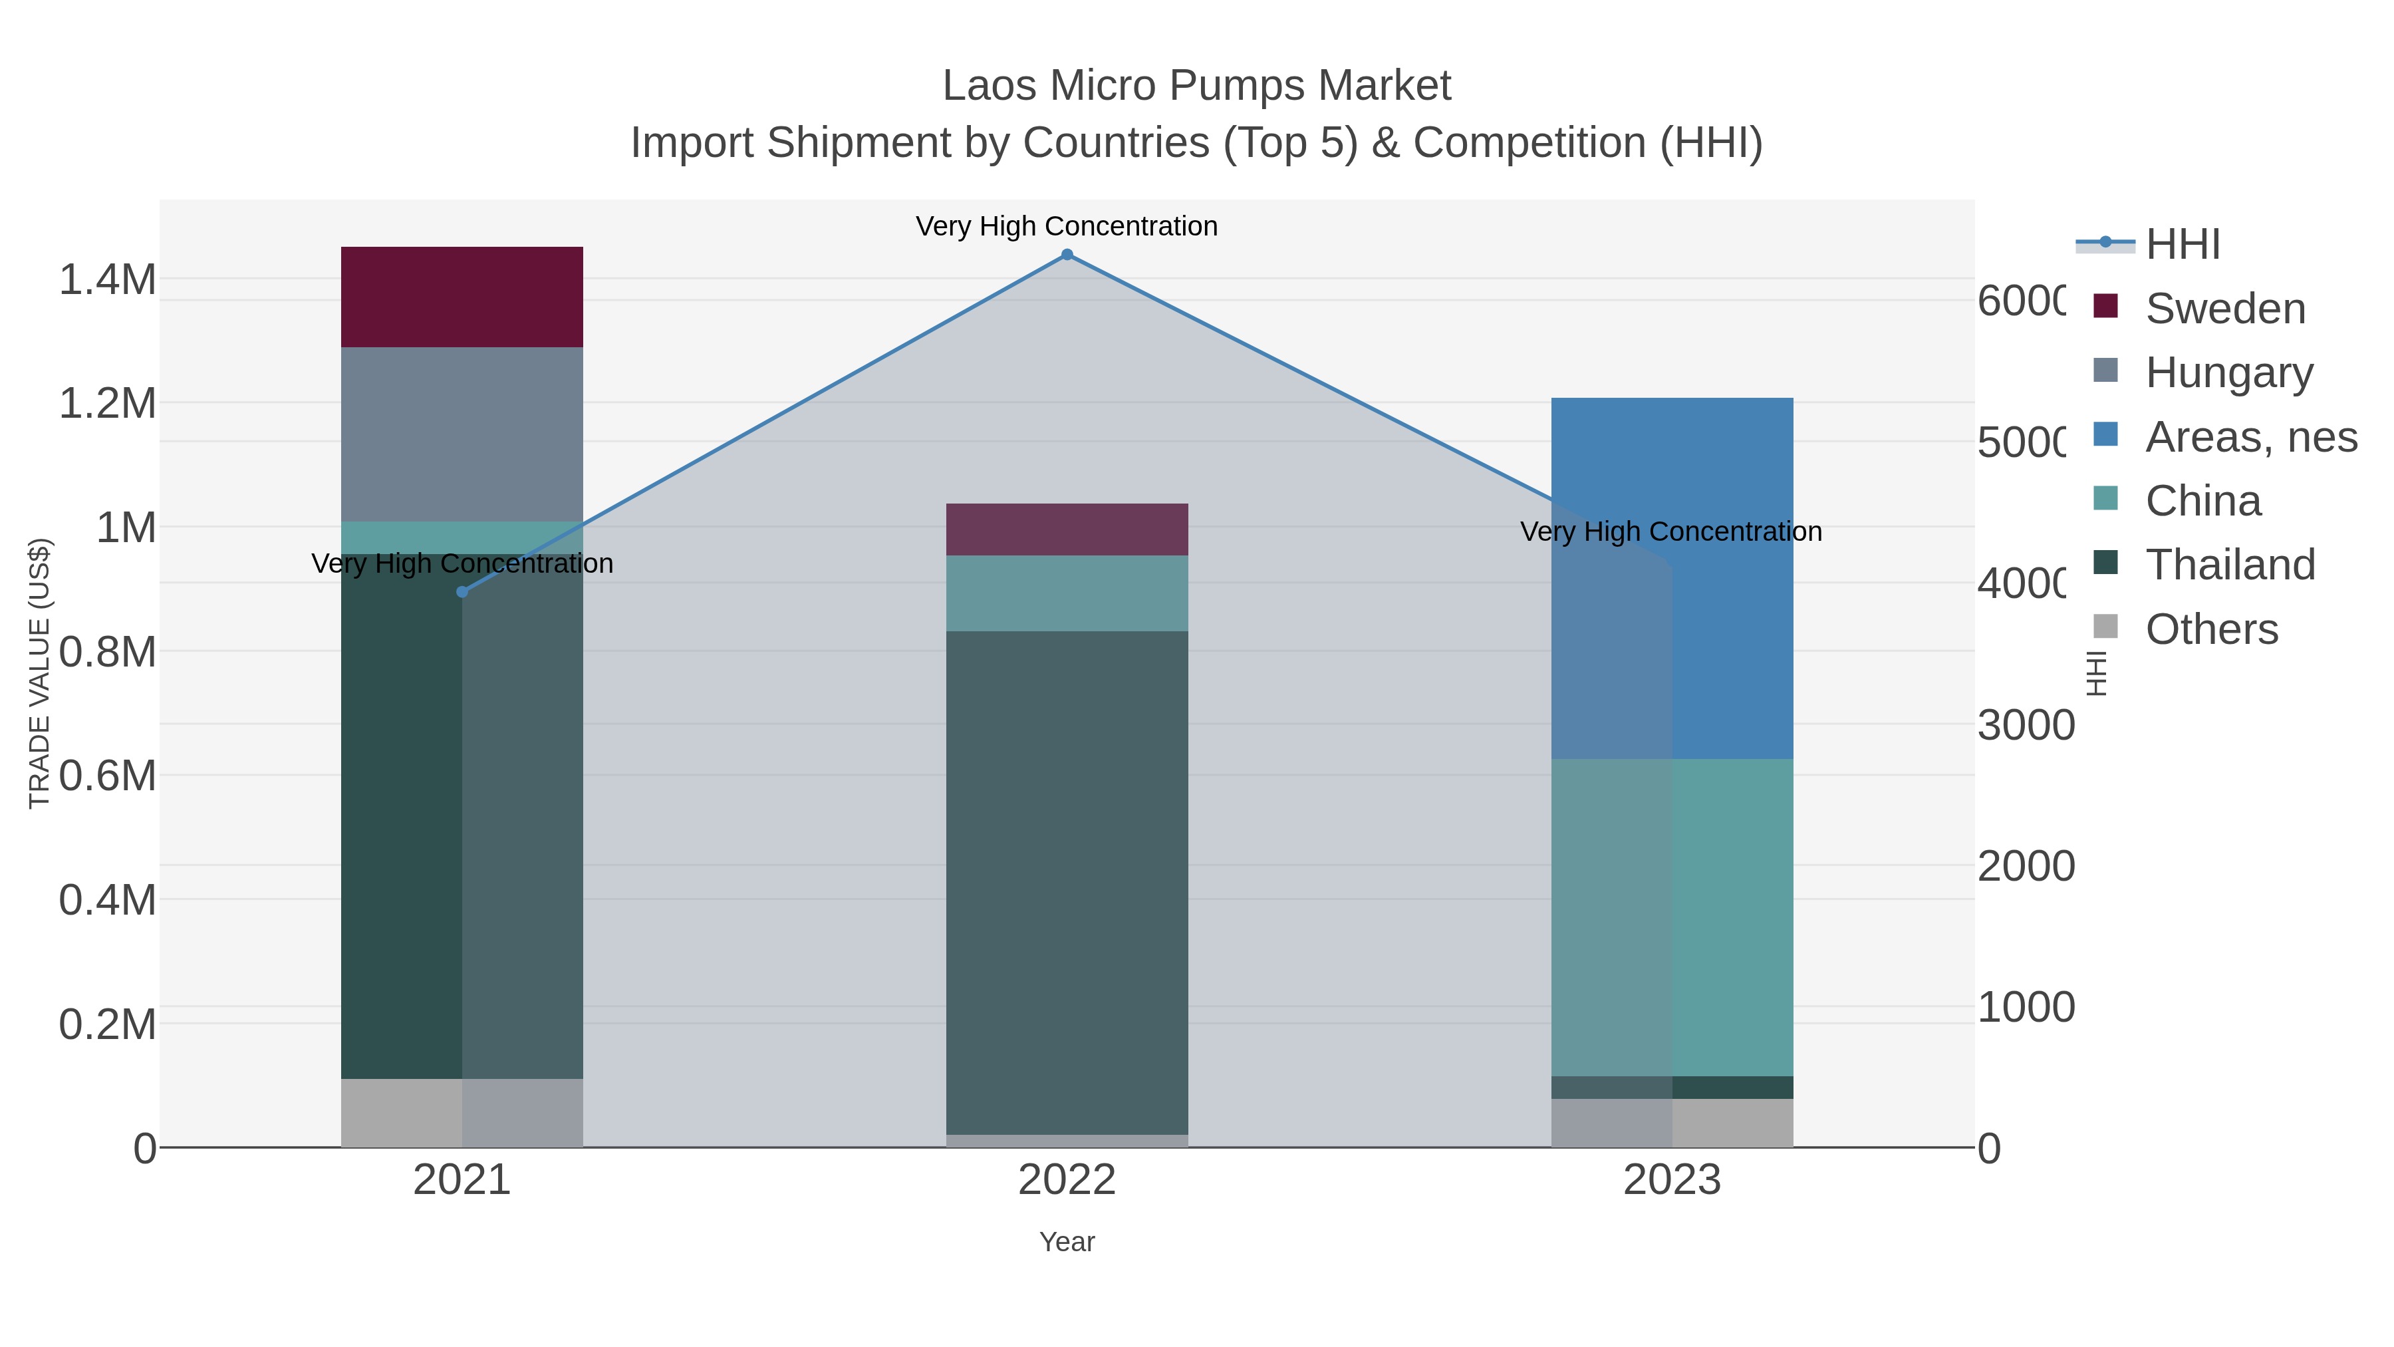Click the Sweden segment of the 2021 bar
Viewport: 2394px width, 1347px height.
pos(462,297)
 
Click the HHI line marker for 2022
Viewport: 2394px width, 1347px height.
pos(1067,255)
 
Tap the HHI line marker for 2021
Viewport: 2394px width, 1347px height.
pos(462,592)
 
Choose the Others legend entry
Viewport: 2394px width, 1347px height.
pos(2211,629)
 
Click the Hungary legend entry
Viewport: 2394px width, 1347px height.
pos(2228,372)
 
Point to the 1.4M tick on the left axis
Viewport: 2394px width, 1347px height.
pos(107,279)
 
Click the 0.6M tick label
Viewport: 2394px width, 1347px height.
pos(107,776)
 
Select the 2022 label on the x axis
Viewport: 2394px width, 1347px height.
pos(1067,1181)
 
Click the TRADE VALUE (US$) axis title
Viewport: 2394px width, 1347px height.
pos(40,673)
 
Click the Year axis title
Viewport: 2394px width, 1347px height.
pos(1067,1242)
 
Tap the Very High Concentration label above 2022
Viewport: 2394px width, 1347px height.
pos(1067,226)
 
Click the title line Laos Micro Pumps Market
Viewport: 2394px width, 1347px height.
pos(1196,86)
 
